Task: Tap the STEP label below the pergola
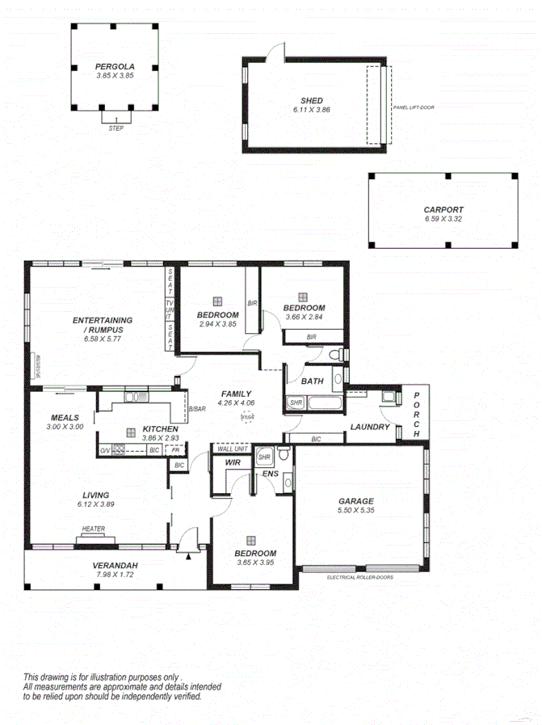click(116, 128)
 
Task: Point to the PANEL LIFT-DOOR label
click(414, 107)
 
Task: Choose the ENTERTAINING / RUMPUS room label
click(102, 325)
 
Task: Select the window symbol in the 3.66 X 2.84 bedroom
click(303, 297)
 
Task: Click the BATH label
click(312, 381)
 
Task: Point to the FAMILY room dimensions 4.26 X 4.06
click(237, 403)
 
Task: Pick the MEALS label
click(64, 417)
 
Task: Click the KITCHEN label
click(160, 428)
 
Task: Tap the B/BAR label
click(198, 410)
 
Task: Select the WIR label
click(233, 463)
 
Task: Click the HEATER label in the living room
click(93, 530)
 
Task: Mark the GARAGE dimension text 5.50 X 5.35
click(355, 511)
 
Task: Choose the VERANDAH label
click(113, 565)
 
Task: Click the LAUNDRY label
click(370, 427)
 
